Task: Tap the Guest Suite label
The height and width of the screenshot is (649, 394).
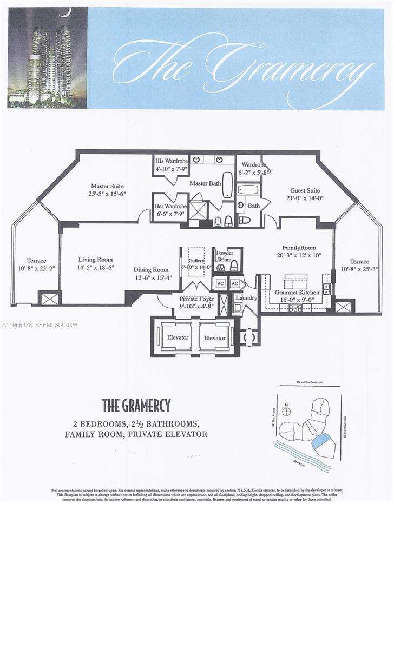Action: (305, 190)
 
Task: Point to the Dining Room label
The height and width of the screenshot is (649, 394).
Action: (151, 270)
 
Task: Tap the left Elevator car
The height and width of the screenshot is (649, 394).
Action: (178, 337)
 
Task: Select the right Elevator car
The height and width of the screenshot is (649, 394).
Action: (215, 338)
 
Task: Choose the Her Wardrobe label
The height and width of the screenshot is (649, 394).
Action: (171, 207)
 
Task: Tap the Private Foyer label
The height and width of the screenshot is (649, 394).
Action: (196, 299)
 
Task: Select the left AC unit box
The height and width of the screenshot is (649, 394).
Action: (220, 283)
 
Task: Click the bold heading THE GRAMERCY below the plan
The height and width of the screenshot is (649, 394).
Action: (136, 405)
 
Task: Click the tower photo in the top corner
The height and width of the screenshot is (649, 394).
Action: (47, 57)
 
